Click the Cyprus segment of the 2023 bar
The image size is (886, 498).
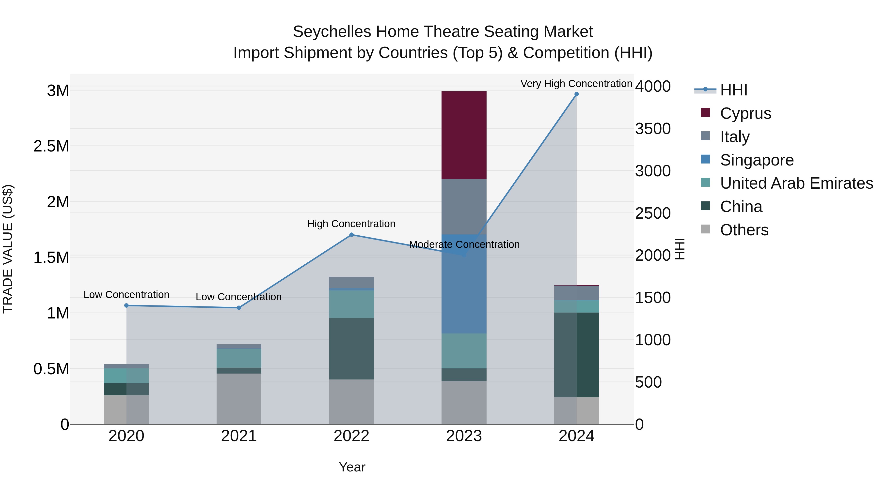tap(464, 135)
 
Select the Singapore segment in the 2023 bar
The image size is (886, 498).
tap(464, 284)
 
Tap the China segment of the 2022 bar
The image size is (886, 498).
tap(351, 348)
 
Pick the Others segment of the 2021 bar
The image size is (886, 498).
tap(239, 399)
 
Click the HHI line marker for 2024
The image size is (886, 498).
tap(576, 94)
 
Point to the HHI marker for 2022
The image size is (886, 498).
tap(351, 235)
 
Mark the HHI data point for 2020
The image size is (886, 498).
tap(126, 305)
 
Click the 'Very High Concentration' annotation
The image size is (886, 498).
tap(576, 84)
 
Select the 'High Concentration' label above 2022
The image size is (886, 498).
tap(351, 224)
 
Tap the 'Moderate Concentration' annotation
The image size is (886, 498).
tap(464, 244)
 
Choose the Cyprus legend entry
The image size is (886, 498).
tap(745, 113)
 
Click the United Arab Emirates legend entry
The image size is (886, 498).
tap(796, 183)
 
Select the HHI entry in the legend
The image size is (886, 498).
tap(733, 90)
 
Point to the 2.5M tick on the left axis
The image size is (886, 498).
tap(51, 146)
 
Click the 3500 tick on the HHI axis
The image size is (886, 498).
tap(652, 129)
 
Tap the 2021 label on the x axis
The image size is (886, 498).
tap(239, 436)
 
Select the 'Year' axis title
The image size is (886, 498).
tap(352, 467)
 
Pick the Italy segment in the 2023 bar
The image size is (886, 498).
tap(464, 207)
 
